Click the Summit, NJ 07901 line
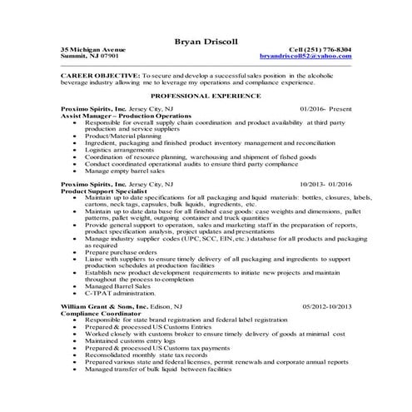point(90,57)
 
